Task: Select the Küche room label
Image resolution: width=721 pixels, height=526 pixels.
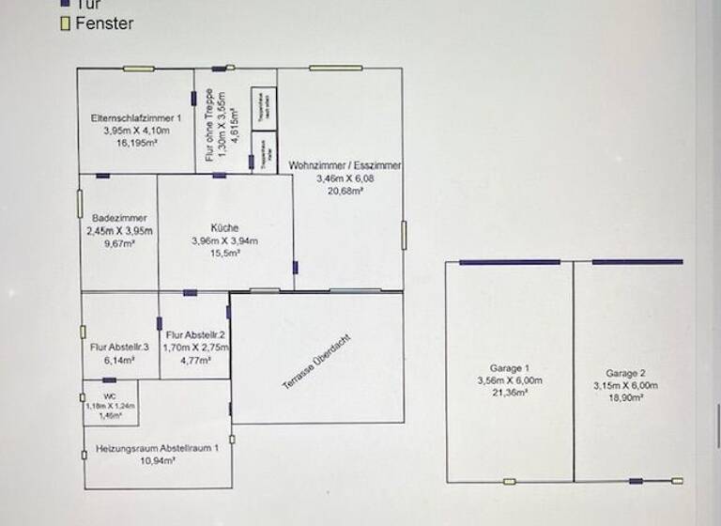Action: pyautogui.click(x=224, y=227)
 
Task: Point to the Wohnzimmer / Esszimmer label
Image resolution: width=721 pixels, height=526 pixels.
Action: pyautogui.click(x=345, y=164)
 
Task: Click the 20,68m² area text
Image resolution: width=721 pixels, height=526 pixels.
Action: pyautogui.click(x=345, y=191)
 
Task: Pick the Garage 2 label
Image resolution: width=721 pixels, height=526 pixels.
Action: pyautogui.click(x=625, y=373)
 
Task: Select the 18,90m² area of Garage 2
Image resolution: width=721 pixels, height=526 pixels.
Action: pyautogui.click(x=625, y=398)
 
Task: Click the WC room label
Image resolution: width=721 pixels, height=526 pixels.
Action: pyautogui.click(x=110, y=395)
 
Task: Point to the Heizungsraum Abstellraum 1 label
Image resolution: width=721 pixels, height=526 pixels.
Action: pyautogui.click(x=158, y=449)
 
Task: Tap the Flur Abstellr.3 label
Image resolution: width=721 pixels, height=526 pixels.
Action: pyautogui.click(x=120, y=347)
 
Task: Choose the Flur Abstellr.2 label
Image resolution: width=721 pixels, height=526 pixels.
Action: pyautogui.click(x=195, y=334)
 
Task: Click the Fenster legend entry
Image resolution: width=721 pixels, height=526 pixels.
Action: pyautogui.click(x=104, y=23)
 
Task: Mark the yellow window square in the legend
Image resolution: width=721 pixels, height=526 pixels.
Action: pyautogui.click(x=65, y=23)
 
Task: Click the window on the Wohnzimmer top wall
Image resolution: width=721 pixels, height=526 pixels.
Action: pyautogui.click(x=335, y=68)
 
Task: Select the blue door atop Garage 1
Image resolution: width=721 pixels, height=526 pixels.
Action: pyautogui.click(x=510, y=262)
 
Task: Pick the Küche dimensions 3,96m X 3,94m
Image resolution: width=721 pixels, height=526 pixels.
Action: pyautogui.click(x=224, y=240)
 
